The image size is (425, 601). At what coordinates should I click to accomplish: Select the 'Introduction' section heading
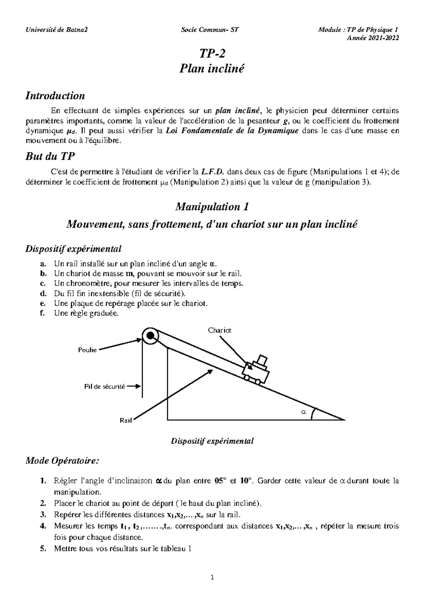tap(55, 96)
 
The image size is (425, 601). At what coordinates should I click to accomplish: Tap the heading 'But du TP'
tap(50, 157)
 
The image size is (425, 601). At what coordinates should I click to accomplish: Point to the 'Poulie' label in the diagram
tap(87, 350)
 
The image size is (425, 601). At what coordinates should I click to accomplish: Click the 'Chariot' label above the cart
tap(220, 330)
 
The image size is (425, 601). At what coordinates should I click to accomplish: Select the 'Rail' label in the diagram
tap(126, 420)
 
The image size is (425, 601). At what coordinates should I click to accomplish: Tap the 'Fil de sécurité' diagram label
tap(105, 387)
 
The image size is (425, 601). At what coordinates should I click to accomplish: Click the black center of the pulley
tap(151, 335)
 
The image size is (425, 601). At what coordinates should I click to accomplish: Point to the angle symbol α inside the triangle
tap(303, 412)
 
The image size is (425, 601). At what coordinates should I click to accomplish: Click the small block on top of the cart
tap(262, 360)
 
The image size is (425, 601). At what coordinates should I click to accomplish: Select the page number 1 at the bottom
tap(212, 578)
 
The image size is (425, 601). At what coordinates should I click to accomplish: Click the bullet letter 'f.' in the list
tap(42, 313)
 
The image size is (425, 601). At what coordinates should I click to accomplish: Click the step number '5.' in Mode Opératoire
tap(43, 549)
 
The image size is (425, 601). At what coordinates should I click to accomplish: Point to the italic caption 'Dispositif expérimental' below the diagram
tap(212, 441)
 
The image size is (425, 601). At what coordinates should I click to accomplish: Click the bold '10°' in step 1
tap(247, 481)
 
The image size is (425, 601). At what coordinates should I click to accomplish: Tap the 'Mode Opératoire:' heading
tap(62, 461)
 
